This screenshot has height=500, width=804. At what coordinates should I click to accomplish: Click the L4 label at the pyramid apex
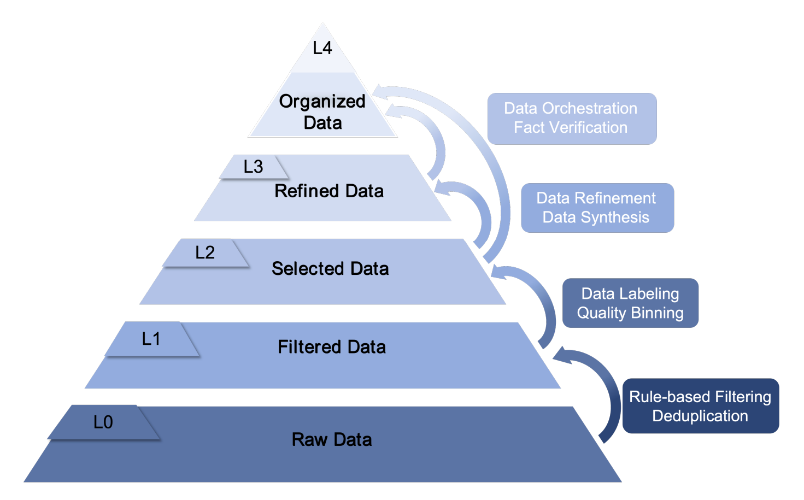pos(322,49)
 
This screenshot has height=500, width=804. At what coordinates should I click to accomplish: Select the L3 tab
pos(254,167)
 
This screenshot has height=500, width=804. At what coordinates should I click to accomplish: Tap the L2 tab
pos(206,252)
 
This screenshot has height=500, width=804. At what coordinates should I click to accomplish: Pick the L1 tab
pos(151,339)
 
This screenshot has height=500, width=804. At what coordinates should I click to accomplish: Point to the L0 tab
pos(103,422)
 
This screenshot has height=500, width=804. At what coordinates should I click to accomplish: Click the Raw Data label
pos(332,440)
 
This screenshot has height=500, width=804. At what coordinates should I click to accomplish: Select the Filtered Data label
pos(332,347)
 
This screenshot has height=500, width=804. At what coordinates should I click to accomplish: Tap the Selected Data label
pos(330,269)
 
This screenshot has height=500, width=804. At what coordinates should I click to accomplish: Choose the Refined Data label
pos(329,191)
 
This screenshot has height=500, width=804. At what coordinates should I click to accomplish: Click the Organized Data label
pos(322,112)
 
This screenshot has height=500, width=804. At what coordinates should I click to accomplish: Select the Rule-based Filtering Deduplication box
pos(700,406)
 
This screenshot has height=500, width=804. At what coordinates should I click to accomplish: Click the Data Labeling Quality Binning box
pos(630,303)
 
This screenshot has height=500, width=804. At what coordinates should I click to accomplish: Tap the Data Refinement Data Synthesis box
pos(597,208)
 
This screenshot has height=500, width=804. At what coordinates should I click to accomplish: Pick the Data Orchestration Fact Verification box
pos(571,119)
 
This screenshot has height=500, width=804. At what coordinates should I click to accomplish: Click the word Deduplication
pos(700,416)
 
